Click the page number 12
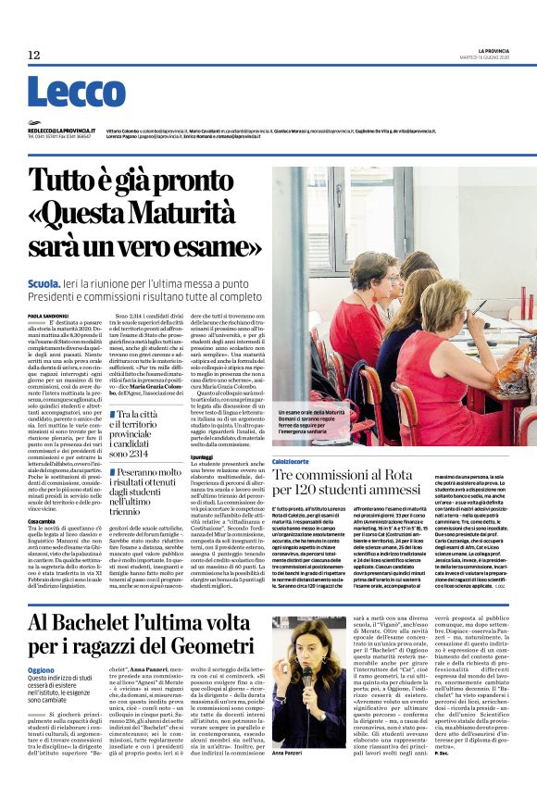click(x=33, y=56)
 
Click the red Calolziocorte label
click(x=292, y=461)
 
